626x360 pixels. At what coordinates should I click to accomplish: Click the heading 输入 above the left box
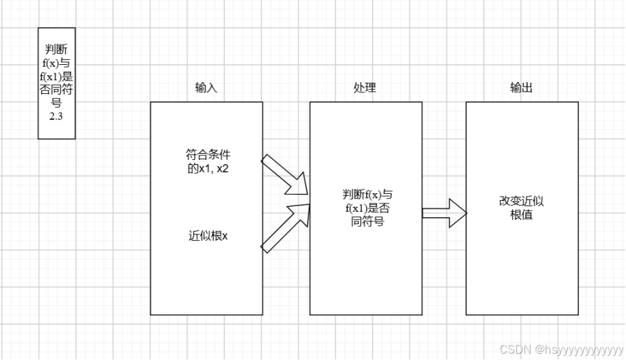click(206, 88)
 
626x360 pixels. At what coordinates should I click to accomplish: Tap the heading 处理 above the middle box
click(364, 88)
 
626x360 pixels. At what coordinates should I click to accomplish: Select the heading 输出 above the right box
click(521, 88)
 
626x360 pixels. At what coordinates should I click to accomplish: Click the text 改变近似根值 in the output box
click(521, 208)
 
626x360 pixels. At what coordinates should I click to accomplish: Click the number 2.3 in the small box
click(56, 117)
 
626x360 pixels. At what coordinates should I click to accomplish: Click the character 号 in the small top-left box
click(57, 103)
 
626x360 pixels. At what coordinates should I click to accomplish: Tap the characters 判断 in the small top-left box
click(57, 48)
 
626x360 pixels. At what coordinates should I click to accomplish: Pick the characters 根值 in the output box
click(521, 214)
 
